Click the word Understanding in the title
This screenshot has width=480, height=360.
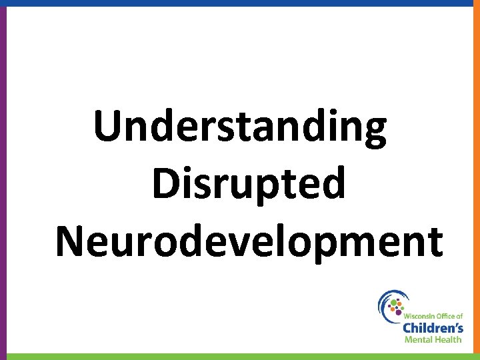[240, 128]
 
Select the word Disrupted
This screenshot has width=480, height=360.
[249, 184]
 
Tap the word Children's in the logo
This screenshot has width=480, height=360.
[433, 327]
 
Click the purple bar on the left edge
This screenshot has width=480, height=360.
[3, 180]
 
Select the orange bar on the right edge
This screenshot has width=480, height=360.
[477, 180]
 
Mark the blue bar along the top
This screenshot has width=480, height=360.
[240, 3]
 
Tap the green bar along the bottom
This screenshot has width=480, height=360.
[240, 357]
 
